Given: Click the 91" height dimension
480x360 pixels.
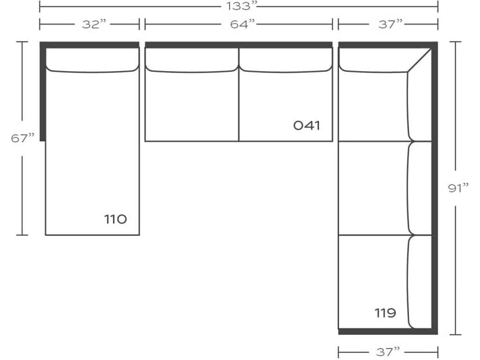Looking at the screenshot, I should point(459,187).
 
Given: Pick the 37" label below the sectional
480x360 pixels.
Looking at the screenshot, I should point(388,351).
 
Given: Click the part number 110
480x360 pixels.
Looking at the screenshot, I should point(115,219).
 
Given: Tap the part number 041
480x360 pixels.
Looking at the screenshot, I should point(307,125).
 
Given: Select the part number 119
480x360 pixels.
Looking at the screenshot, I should point(385,312).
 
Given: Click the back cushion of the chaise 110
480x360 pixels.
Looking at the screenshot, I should point(92,60).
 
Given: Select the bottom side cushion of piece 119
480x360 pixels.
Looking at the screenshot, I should point(419,281).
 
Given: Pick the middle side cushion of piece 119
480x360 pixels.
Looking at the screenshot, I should point(419,187).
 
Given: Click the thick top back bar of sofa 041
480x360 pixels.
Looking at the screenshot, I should point(239,45).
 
